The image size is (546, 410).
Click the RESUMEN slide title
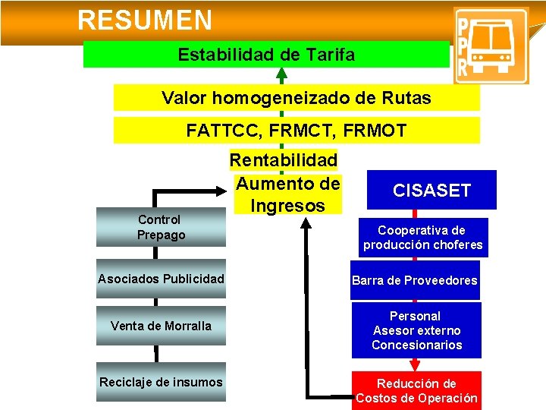pos(144,20)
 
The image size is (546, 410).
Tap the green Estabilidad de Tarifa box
pos(265,55)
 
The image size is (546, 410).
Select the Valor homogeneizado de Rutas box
pos(297,98)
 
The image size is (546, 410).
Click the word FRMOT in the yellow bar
pos(375,131)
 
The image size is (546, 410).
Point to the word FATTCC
pos(220,131)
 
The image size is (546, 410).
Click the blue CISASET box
pos(431,190)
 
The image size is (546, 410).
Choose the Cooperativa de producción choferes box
pos(422,238)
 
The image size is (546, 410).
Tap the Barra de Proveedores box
pos(415,281)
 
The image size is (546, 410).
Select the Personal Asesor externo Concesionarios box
pos(416,330)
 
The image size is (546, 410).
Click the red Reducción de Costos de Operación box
pos(416,390)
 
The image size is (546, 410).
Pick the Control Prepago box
pos(161,227)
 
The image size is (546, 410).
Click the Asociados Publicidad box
pos(161,279)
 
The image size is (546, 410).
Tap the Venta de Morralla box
pos(161,326)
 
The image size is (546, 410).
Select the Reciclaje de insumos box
pos(161,382)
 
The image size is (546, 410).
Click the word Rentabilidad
pos(284,160)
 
